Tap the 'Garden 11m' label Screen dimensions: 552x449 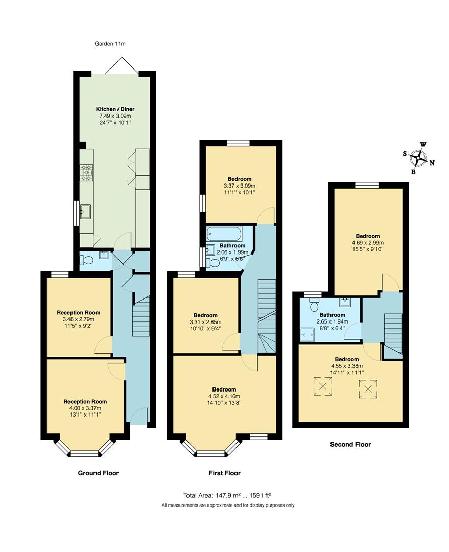click(x=110, y=44)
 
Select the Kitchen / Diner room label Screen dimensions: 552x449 click(x=115, y=109)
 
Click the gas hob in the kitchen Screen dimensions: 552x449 click(x=86, y=172)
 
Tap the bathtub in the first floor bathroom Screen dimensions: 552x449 click(x=223, y=235)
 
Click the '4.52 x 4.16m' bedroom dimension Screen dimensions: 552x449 click(x=224, y=396)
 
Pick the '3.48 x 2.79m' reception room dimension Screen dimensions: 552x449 click(x=78, y=319)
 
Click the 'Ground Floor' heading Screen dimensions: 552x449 click(x=98, y=473)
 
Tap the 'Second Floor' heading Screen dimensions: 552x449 click(x=350, y=445)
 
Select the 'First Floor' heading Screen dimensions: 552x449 click(x=225, y=473)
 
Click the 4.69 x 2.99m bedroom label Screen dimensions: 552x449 click(x=367, y=243)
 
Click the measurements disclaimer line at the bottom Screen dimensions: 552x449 click(x=228, y=505)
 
